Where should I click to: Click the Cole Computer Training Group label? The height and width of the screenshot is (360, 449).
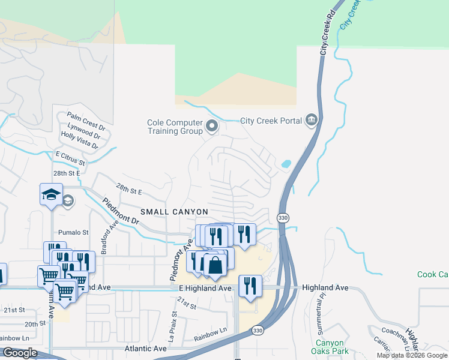click(174, 127)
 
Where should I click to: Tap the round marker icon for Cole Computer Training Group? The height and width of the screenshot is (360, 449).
click(211, 127)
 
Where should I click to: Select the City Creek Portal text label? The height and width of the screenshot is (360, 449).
click(271, 121)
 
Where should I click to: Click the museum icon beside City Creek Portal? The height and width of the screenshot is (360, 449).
click(311, 121)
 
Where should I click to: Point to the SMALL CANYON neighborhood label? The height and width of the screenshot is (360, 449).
click(174, 212)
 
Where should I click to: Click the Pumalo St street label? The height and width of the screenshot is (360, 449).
click(73, 232)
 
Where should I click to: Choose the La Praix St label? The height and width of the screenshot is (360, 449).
click(175, 323)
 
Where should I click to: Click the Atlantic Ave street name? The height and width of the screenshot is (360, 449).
click(145, 349)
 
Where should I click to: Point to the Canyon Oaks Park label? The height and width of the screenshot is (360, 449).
click(330, 347)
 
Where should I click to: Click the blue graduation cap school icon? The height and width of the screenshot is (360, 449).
click(52, 194)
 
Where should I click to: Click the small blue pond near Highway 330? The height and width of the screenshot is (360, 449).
click(286, 163)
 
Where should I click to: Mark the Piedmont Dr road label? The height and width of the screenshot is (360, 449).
click(121, 211)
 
